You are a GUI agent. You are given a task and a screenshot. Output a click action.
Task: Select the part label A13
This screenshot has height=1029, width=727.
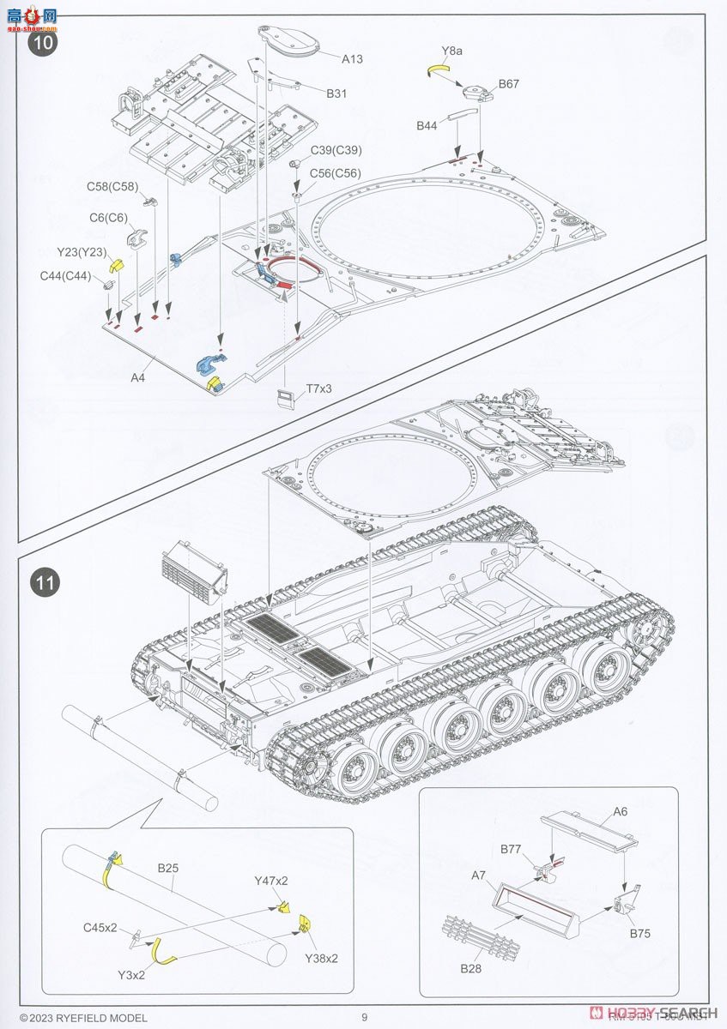click(x=352, y=59)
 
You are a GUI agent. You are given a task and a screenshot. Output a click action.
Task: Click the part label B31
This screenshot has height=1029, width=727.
click(x=336, y=93)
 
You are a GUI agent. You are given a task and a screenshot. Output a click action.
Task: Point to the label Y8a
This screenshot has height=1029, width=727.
click(x=452, y=51)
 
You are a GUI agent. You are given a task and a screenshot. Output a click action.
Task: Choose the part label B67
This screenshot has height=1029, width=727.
click(x=509, y=84)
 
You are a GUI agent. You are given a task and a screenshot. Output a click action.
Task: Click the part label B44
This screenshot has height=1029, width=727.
click(x=427, y=126)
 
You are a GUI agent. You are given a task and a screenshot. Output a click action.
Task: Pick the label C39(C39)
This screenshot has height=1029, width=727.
click(x=336, y=150)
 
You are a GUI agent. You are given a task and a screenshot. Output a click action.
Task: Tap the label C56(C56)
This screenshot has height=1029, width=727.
click(x=336, y=173)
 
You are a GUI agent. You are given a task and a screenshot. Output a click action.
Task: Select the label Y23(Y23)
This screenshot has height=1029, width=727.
click(x=81, y=252)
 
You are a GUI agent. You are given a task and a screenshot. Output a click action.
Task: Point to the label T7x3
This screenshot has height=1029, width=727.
click(x=318, y=388)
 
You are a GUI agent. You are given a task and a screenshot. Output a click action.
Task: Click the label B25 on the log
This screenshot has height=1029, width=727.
click(x=168, y=868)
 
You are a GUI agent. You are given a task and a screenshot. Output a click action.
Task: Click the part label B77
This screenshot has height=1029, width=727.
click(x=512, y=849)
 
